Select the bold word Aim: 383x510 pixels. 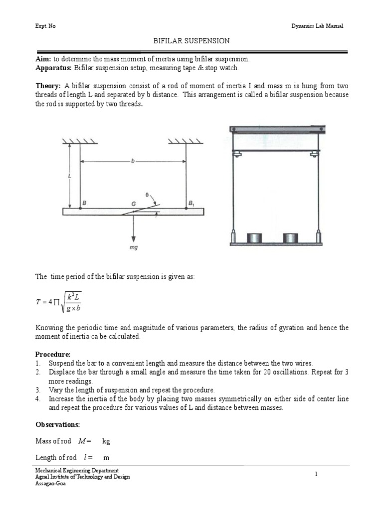(x=43, y=59)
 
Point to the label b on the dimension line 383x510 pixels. (x=133, y=161)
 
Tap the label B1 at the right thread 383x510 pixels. (x=191, y=203)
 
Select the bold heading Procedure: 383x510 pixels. (x=53, y=354)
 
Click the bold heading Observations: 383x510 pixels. (x=57, y=424)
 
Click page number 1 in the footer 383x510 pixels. (x=317, y=475)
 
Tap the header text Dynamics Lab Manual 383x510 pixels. (x=317, y=26)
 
